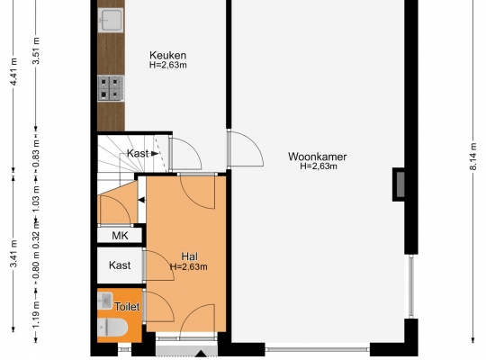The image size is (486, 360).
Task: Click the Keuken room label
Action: click(x=168, y=55)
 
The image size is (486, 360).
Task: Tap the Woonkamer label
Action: click(x=318, y=157)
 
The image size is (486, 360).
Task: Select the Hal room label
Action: click(x=189, y=256)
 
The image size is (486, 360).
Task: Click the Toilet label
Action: click(x=127, y=307)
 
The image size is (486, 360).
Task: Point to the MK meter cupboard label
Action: click(x=120, y=236)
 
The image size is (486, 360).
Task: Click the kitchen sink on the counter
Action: click(x=111, y=20)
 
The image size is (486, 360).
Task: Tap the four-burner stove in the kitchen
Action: click(x=111, y=88)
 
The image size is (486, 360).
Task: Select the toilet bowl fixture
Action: click(x=112, y=327)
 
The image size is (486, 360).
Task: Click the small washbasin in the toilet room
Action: click(x=104, y=301)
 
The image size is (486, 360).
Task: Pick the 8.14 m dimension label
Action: click(x=473, y=157)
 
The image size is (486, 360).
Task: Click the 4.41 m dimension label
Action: click(x=13, y=72)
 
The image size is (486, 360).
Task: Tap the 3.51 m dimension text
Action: click(x=36, y=50)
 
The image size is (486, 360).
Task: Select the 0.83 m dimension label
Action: click(x=36, y=153)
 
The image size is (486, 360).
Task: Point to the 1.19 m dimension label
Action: click(x=36, y=314)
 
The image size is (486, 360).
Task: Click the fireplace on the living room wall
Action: click(x=400, y=184)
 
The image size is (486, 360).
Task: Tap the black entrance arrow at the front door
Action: click(x=202, y=354)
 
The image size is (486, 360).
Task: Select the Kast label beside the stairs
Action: click(x=138, y=153)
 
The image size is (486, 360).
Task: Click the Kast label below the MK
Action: click(x=120, y=265)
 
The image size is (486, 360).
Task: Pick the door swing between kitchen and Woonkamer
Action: click(x=246, y=149)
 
